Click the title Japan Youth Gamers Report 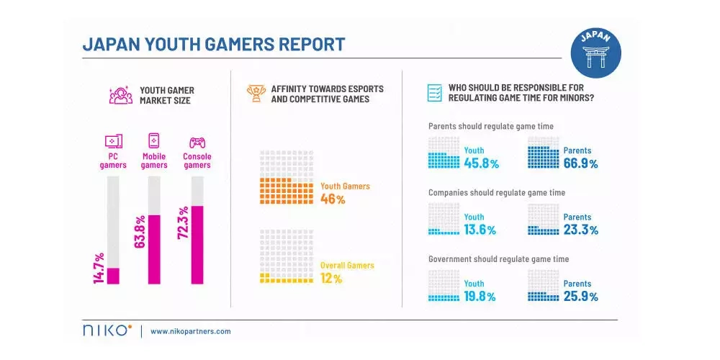214,45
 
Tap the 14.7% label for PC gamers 99,267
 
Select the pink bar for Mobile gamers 154,249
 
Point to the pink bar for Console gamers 197,245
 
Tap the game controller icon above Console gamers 197,142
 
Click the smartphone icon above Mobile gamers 153,140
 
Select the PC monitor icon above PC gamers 113,141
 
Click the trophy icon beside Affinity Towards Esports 255,94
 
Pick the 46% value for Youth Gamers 333,199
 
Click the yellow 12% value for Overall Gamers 331,278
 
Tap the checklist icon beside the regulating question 434,94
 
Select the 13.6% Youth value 480,230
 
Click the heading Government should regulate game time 498,259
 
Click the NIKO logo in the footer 107,330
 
